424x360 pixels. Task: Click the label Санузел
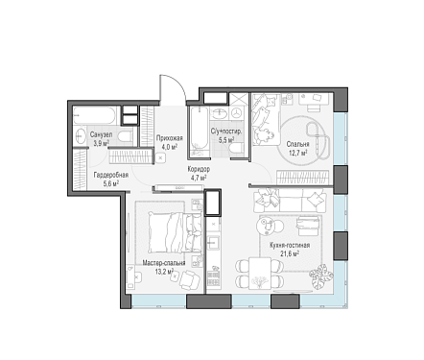(x=101, y=134)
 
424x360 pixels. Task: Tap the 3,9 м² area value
(x=102, y=143)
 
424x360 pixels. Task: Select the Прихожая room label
(x=170, y=138)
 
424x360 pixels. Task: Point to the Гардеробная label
(x=111, y=175)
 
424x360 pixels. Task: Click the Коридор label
(x=199, y=170)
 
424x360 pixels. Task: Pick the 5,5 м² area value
(x=226, y=139)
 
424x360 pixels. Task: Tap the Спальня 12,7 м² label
(x=297, y=148)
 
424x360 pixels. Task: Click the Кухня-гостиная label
(x=290, y=246)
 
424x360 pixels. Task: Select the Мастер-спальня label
(x=164, y=263)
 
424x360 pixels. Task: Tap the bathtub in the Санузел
(x=94, y=115)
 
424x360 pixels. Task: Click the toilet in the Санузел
(x=125, y=137)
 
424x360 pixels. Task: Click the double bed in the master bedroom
(x=175, y=232)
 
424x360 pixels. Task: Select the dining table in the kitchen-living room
(x=259, y=274)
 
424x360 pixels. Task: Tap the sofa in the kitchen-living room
(x=290, y=202)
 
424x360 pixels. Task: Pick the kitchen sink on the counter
(x=213, y=242)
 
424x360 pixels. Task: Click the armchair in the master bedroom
(x=189, y=279)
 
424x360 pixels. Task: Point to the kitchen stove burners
(x=213, y=278)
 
